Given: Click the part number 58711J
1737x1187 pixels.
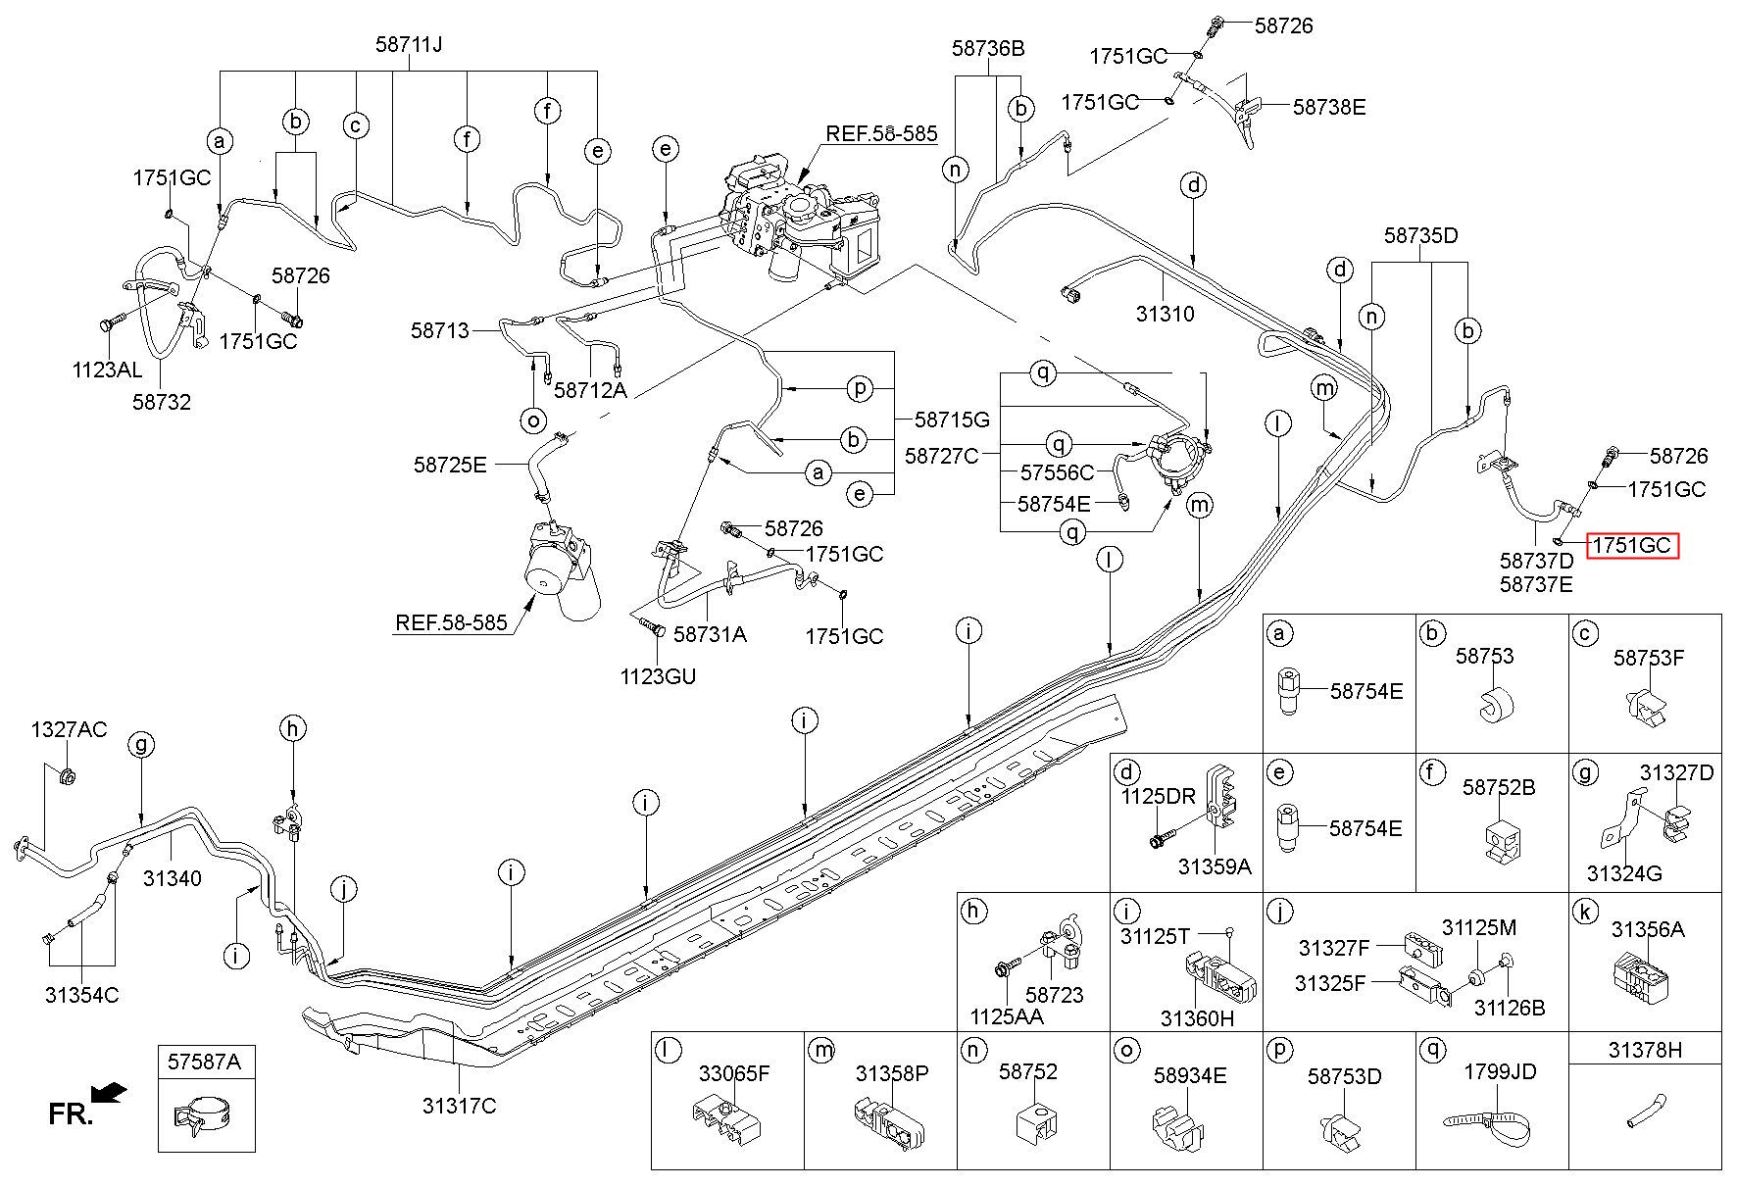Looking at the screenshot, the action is point(409,44).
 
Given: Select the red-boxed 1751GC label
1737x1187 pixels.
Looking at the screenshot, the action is point(1632,545).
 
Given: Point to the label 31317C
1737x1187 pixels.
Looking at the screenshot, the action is point(459,1106).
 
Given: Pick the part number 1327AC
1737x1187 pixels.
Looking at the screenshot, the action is point(69,729).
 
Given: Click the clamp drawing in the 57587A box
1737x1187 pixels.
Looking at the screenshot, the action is point(206,1115).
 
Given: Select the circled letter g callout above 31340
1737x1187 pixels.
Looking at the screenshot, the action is point(141,746).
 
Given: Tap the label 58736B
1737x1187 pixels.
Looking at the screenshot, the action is point(988,47).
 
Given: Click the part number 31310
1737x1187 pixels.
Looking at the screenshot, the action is point(1165,315).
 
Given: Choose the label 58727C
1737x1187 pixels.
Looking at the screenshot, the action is point(941,455).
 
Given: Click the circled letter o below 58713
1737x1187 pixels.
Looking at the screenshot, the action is point(533,420).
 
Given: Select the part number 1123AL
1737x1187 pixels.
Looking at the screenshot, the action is point(107,370).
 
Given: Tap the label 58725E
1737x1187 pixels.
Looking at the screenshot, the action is point(450,464).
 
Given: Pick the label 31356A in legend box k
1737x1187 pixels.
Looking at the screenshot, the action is point(1648,928).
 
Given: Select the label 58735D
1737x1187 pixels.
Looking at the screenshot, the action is point(1421,235).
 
